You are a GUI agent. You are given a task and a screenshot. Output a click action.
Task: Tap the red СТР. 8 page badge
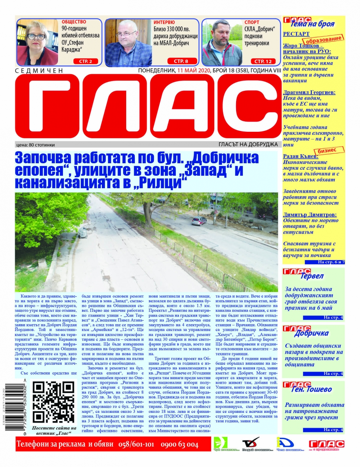180,61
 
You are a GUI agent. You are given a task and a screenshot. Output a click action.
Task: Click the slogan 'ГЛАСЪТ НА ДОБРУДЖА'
248,144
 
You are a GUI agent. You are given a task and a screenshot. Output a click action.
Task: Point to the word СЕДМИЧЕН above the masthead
40,70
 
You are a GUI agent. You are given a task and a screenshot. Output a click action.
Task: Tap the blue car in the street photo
199,221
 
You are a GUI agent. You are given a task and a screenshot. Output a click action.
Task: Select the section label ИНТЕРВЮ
164,22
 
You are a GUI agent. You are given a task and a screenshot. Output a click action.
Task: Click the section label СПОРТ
252,22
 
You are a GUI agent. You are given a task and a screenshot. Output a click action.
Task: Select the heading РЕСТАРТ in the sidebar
296,34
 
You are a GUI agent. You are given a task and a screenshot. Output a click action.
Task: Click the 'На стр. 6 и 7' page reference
330,262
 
